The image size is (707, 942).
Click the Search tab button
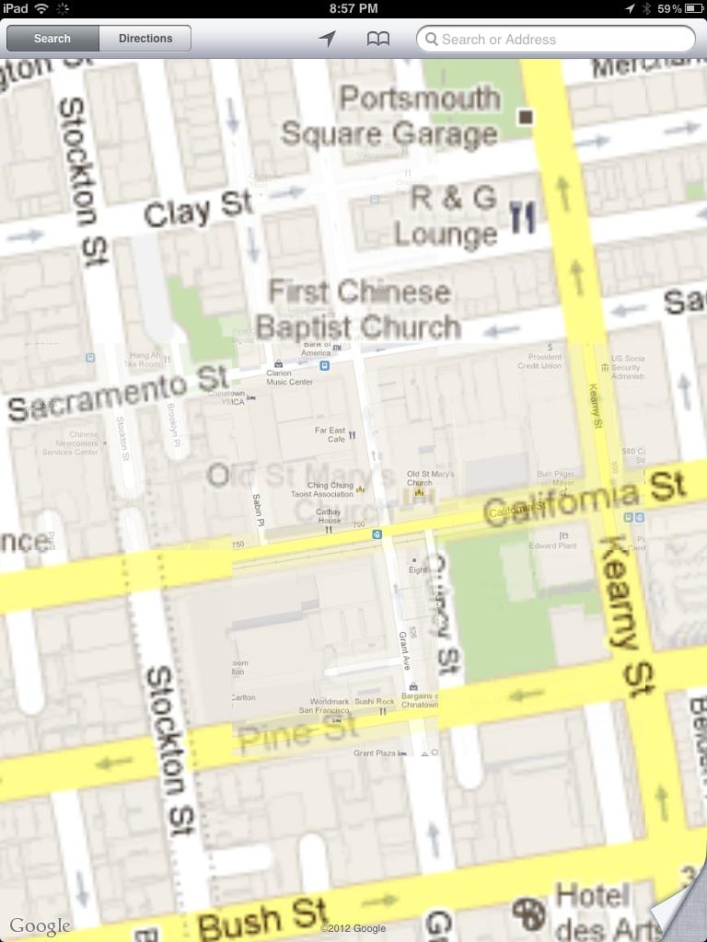52,39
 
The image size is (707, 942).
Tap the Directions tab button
145,39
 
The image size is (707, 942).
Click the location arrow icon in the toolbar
327,39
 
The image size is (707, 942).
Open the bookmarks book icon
378,39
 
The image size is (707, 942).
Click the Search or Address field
556,39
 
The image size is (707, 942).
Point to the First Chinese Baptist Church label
359,309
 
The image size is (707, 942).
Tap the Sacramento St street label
119,394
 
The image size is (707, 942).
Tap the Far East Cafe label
330,434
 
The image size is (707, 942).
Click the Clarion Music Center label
289,377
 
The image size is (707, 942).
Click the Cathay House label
329,516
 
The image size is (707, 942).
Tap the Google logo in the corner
40,925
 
